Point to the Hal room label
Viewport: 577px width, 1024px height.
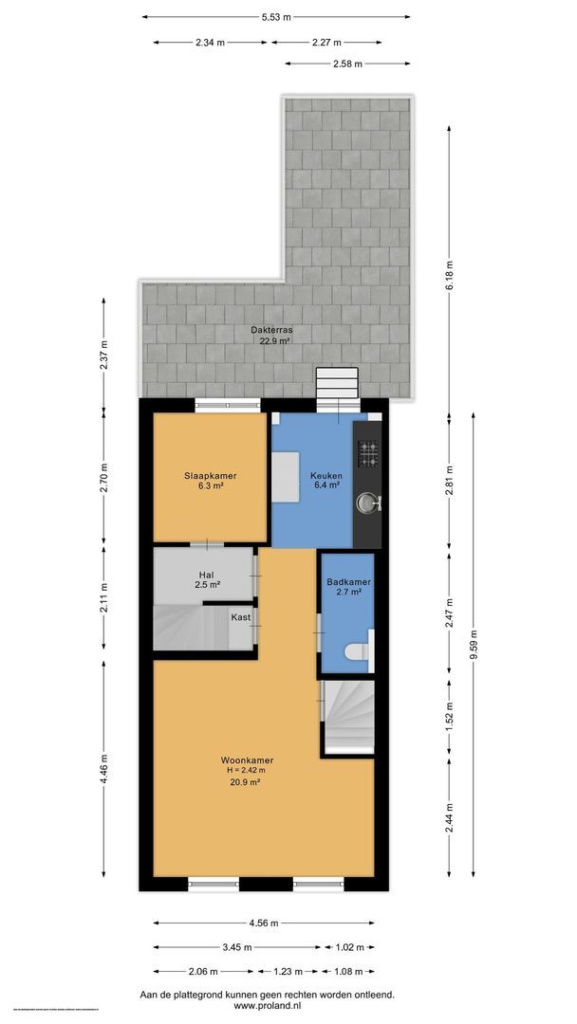point(205,575)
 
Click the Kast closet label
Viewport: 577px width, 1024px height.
point(240,616)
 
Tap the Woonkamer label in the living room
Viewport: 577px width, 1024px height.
point(248,760)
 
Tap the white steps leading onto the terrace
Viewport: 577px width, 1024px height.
point(337,384)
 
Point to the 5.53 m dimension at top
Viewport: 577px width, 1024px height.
point(277,16)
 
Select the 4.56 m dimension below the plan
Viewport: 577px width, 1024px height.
point(264,923)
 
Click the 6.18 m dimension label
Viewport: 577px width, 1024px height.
point(450,275)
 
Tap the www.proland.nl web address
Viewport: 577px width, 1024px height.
point(267,1007)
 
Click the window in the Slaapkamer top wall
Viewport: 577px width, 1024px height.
point(228,405)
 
